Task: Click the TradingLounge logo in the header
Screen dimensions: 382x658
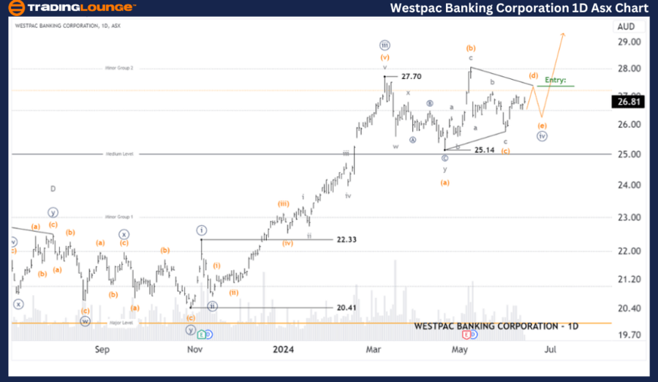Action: tap(72, 8)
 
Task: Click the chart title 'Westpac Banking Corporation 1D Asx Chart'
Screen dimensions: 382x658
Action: tap(519, 8)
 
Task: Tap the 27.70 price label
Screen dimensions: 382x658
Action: tap(411, 76)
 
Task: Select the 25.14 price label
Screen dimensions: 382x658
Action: tap(485, 150)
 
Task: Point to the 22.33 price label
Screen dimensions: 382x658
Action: tap(347, 239)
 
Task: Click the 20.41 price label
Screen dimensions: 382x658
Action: tap(347, 308)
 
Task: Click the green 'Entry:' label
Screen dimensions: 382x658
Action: tap(556, 80)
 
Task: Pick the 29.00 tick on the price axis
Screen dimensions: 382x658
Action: tap(629, 42)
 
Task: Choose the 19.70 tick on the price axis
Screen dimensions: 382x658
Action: tap(629, 335)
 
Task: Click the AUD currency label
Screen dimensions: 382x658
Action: tap(626, 26)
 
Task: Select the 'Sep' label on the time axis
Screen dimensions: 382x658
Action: tap(102, 350)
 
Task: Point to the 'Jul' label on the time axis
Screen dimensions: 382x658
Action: tap(550, 350)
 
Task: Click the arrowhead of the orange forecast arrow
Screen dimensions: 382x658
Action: tap(563, 34)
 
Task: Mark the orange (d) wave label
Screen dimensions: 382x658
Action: tap(534, 75)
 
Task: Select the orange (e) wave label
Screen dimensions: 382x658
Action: tap(542, 125)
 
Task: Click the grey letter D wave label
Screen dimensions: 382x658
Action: tap(53, 189)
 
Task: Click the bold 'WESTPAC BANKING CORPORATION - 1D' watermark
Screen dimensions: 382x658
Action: tap(496, 326)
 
